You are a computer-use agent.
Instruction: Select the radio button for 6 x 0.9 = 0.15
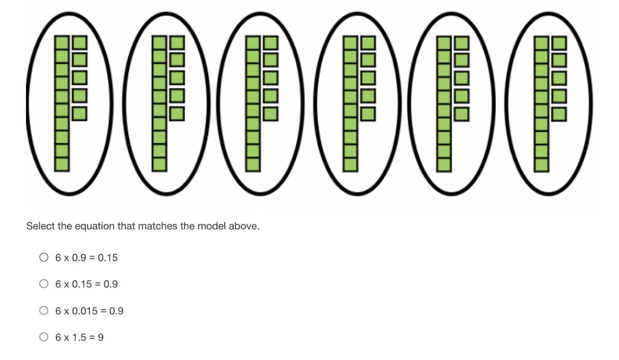click(44, 257)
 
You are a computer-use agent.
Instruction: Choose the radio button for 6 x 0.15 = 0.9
click(44, 284)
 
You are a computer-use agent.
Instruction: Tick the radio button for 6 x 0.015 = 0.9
click(44, 311)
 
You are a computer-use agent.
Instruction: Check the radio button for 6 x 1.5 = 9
click(44, 337)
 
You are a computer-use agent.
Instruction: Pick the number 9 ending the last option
click(101, 337)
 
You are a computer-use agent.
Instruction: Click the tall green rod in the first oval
click(62, 103)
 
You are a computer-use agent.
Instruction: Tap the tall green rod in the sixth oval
click(543, 103)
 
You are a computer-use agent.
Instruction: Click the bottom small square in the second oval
click(177, 113)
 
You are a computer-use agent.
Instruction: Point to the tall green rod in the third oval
click(253, 103)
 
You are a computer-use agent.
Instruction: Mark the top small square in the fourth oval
click(368, 43)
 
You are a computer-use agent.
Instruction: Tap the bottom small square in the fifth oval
click(462, 113)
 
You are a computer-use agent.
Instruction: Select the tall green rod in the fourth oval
click(351, 103)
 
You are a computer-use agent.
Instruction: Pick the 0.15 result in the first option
click(109, 257)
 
